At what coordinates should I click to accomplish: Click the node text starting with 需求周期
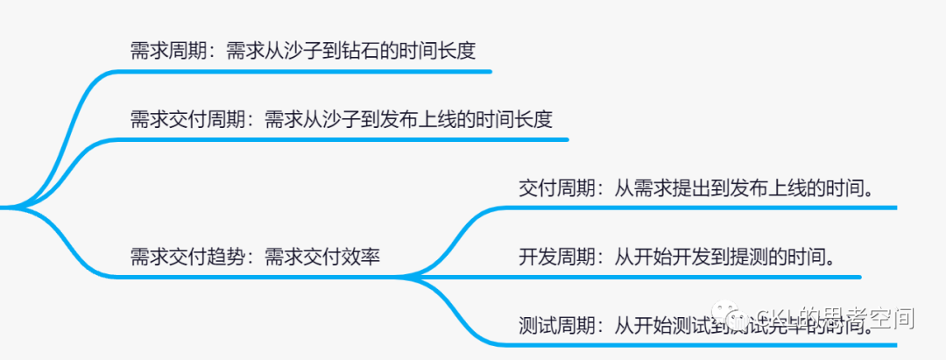302,50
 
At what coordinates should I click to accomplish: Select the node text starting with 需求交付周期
341,119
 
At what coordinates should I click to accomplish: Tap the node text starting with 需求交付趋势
255,257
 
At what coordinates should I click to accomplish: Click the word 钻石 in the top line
359,50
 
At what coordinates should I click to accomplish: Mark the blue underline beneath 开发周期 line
683,278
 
